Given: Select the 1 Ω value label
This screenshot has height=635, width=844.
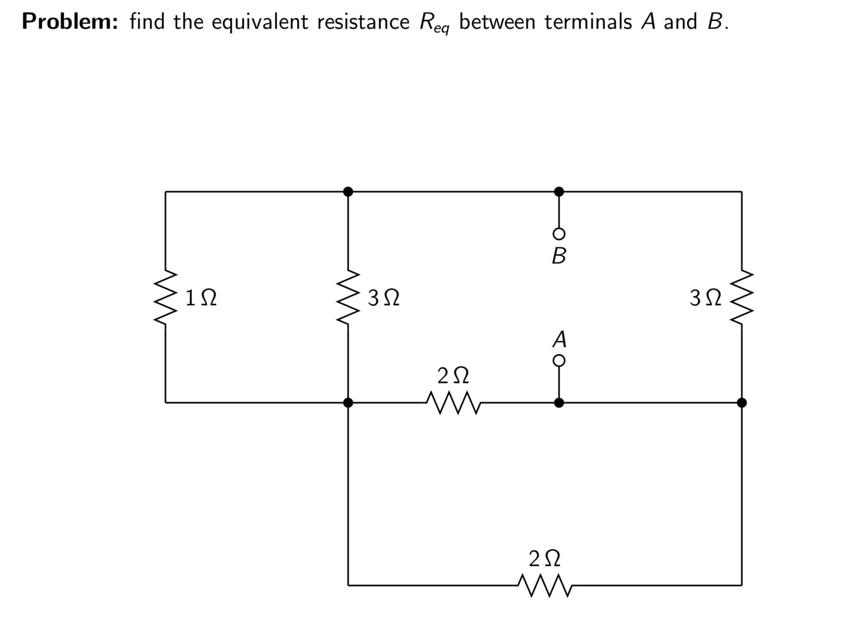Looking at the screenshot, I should (201, 298).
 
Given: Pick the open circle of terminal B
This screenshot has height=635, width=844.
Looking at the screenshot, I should (559, 234).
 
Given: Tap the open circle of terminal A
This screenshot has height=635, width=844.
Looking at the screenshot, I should (559, 361).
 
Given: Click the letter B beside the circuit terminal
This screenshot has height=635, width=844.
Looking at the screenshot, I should (559, 256).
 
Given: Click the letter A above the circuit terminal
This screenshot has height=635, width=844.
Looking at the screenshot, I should (559, 339).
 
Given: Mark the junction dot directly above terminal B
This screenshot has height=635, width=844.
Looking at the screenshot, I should (559, 192).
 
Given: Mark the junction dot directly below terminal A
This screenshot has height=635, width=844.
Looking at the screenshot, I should (559, 402).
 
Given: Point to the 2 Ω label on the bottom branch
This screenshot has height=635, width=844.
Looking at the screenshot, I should (544, 559).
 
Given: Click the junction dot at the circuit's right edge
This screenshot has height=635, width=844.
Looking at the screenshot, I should (742, 402).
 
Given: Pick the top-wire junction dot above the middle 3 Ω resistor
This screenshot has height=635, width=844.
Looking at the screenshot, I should (348, 192).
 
